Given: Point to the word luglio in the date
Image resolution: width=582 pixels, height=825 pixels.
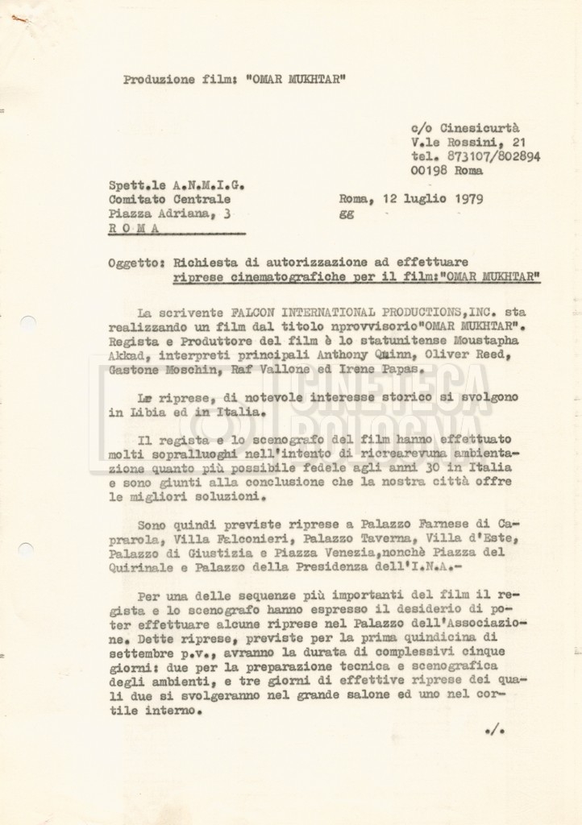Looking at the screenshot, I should coord(418,200).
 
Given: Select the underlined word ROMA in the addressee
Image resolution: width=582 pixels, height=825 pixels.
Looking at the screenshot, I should coord(132,228).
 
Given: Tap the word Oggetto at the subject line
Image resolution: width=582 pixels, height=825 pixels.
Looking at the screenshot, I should coord(135,263).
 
